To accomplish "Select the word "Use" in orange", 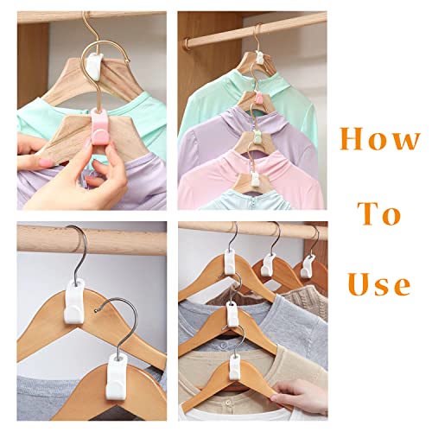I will coord(380,283).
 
